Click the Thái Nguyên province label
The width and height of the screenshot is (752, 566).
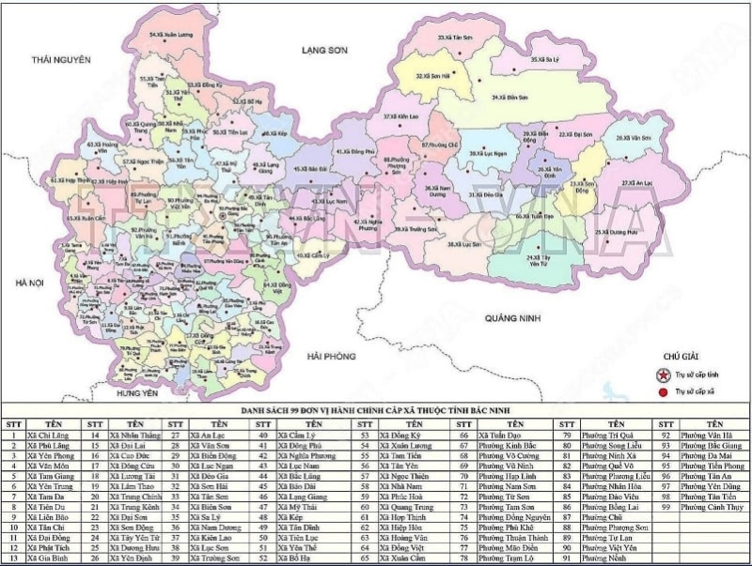pos(60,59)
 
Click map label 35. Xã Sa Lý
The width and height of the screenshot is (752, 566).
pos(545,59)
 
